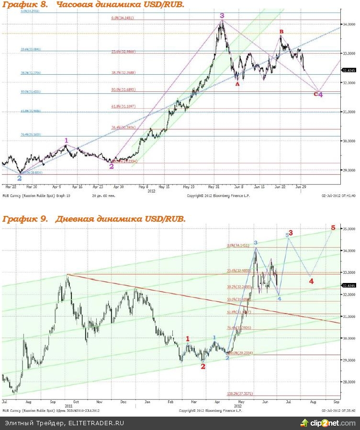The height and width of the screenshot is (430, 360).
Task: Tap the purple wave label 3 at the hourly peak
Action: coord(222,16)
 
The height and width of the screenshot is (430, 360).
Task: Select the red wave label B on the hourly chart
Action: coord(281,32)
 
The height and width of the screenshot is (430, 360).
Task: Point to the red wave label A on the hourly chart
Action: coord(237,83)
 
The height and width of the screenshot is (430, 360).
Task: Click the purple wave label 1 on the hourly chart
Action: coord(66,140)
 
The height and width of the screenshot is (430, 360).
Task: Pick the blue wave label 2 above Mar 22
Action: coord(19,178)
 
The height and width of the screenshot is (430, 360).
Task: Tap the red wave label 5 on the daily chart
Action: coord(333,227)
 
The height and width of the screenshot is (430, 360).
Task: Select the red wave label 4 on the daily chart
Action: coord(311,281)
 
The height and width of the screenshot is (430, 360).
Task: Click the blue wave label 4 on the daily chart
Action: coord(280,298)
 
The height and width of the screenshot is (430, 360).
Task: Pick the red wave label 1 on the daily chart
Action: coord(188,339)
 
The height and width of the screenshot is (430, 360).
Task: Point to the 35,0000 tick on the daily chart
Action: coord(349,229)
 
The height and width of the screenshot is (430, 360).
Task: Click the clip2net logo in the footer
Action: coord(328,423)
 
